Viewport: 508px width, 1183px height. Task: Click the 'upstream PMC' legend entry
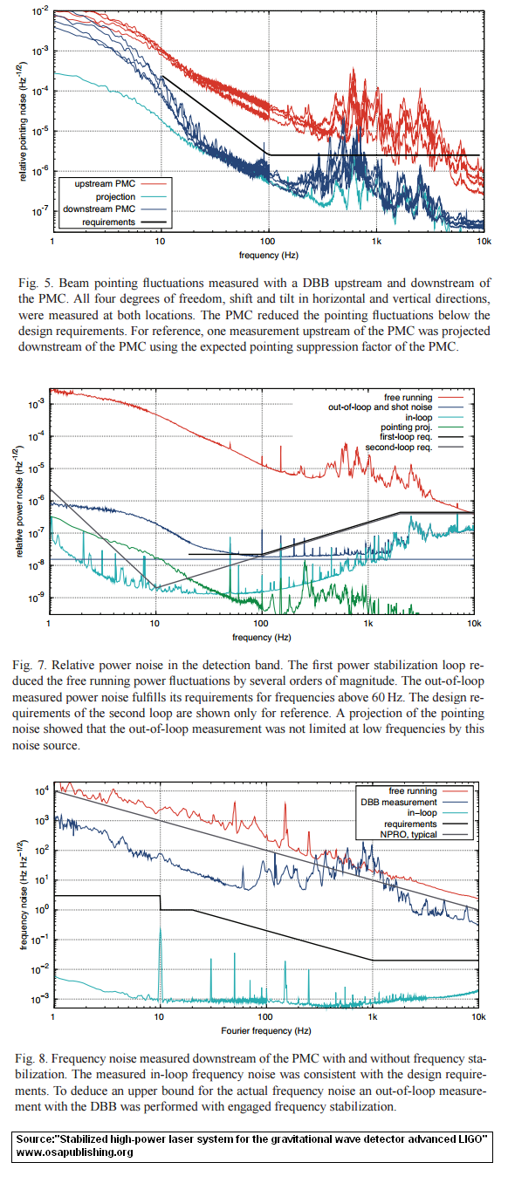[105, 184]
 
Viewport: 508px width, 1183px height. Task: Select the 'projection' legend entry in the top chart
[115, 196]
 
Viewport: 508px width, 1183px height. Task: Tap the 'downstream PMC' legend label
[99, 209]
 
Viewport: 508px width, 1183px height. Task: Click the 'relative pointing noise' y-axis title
[22, 121]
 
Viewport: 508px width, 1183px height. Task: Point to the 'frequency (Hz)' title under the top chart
[269, 255]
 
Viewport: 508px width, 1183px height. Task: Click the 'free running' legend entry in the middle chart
[408, 397]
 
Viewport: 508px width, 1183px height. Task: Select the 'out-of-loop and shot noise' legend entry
[380, 407]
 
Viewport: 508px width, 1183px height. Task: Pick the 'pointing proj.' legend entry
[407, 427]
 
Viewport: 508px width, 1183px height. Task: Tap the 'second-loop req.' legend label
[399, 448]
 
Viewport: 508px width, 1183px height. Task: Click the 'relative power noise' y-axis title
[19, 501]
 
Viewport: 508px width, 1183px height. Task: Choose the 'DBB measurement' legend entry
[399, 803]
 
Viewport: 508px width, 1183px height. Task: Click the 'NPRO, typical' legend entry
[408, 834]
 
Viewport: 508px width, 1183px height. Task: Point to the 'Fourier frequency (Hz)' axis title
[266, 1030]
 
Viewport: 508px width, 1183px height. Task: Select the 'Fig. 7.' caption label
[30, 665]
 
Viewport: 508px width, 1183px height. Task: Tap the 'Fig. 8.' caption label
[31, 1058]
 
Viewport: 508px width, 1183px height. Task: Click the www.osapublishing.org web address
[74, 1152]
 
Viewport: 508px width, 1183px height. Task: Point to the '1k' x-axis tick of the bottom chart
[373, 1016]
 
